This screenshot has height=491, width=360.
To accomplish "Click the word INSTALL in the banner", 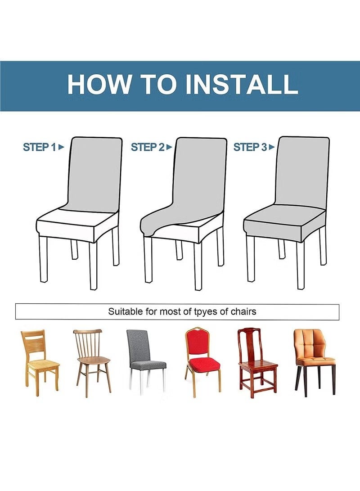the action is [241, 84].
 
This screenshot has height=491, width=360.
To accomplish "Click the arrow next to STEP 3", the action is [272, 147].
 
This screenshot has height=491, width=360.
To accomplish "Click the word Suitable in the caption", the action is [126, 311].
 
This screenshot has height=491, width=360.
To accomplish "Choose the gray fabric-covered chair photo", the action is [146, 362].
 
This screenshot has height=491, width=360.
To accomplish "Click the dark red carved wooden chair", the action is [257, 363].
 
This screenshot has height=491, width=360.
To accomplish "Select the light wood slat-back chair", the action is [40, 363].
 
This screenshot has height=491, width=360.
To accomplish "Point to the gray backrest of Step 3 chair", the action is [302, 171].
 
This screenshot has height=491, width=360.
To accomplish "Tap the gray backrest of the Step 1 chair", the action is [94, 174].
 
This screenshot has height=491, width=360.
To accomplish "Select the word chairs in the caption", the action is [243, 311].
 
